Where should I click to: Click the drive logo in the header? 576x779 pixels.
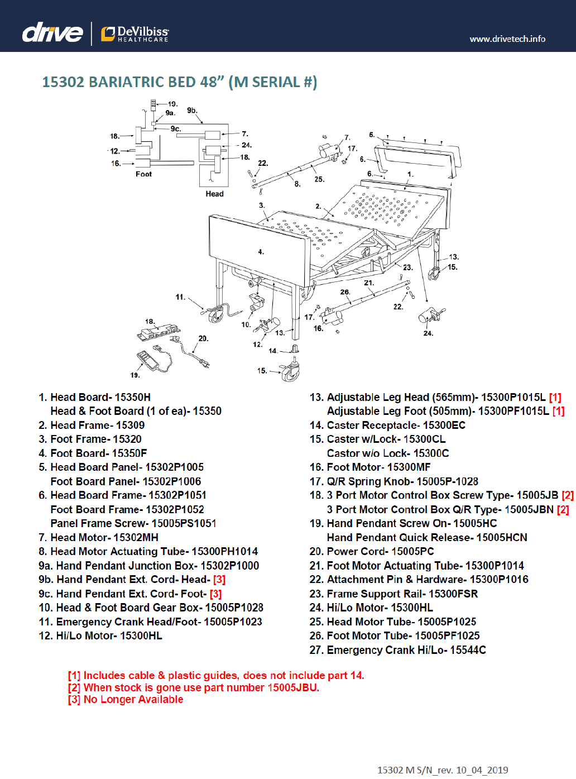pos(52,33)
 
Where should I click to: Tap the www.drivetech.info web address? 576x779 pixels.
pos(507,39)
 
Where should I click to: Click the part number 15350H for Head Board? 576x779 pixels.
pos(132,397)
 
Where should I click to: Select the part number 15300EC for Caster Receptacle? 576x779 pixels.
pos(444,426)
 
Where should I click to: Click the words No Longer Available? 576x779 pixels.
pos(133,699)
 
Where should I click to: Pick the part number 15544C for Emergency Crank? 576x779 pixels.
pos(468,650)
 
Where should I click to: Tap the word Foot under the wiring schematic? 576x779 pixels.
pos(143,174)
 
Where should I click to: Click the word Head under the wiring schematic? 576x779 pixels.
pos(214,194)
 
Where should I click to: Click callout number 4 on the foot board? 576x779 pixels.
pos(261,252)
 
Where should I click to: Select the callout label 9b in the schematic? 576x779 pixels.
pos(192,110)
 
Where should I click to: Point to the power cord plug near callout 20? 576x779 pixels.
pos(204,363)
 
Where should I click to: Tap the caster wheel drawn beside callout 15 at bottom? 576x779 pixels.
pos(290,374)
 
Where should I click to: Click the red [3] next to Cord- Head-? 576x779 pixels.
pos(219,580)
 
